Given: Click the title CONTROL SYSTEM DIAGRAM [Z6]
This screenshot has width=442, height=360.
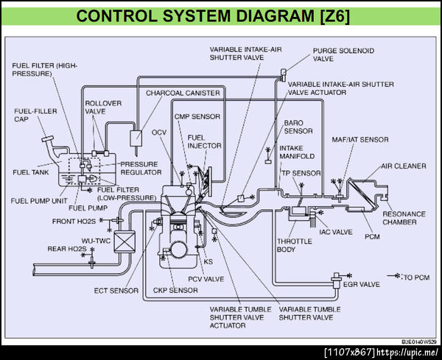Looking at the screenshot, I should tap(221, 15).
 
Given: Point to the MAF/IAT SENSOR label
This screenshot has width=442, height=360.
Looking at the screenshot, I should tap(360, 139).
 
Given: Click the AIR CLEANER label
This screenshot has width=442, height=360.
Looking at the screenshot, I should tap(403, 166).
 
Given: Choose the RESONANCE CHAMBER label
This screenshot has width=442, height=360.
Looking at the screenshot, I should tap(404, 218).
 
